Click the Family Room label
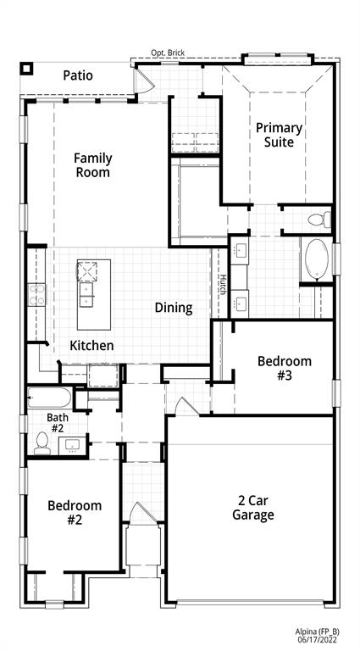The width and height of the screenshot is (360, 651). [x=91, y=164]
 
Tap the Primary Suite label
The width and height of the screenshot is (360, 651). [x=279, y=135]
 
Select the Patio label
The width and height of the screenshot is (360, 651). [x=78, y=75]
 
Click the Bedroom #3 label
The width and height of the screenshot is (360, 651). [x=284, y=368]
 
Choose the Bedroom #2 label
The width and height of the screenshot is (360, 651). [x=75, y=513]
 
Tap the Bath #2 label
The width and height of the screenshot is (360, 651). [x=58, y=422]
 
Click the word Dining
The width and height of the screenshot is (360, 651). [x=173, y=308]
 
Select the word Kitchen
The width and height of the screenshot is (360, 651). [x=91, y=345]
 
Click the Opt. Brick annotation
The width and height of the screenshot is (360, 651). [x=169, y=53]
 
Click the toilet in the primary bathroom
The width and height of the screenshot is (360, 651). [x=317, y=220]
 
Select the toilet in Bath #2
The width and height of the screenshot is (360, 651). [x=42, y=442]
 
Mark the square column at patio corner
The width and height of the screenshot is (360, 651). [x=26, y=69]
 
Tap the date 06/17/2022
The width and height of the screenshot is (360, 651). [x=318, y=640]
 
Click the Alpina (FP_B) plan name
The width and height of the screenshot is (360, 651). [x=318, y=631]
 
